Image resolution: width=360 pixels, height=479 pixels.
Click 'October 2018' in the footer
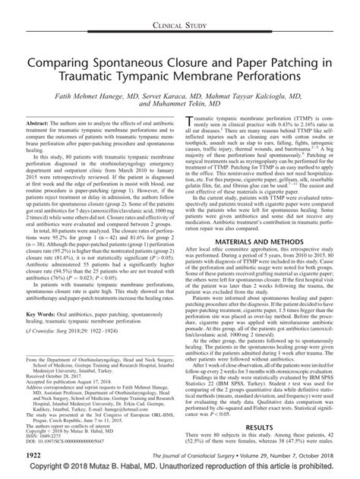[317, 455]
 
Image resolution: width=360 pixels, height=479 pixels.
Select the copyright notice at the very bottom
[180, 471]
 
